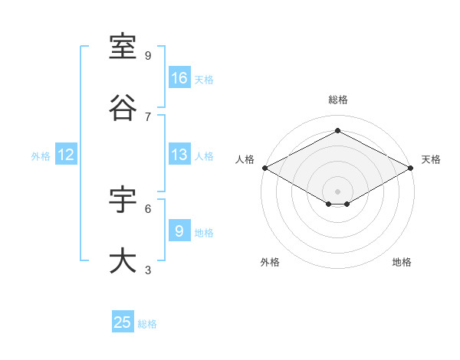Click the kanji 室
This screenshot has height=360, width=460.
123,47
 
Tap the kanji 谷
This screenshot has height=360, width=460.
123,107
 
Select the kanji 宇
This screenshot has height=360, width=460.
123,199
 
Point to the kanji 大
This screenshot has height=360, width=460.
123,260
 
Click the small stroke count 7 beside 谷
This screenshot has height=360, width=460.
148,117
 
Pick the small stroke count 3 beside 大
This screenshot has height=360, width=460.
148,270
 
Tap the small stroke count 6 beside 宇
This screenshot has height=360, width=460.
148,209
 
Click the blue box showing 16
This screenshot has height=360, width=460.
179,77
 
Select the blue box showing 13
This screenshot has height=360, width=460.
179,154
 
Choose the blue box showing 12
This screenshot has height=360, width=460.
66,154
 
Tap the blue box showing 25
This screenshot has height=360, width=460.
123,321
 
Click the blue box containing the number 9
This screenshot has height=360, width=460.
179,230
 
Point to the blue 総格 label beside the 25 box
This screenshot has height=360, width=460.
147,324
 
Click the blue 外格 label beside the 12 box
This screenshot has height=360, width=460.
41,156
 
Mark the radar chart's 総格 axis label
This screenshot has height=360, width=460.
338,100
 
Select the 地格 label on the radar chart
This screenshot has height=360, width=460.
402,262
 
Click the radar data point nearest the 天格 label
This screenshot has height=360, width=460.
411,168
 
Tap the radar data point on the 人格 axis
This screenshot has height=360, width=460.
265,168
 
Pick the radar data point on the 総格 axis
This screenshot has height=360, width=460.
337,130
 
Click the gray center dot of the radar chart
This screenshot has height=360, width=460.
337,191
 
